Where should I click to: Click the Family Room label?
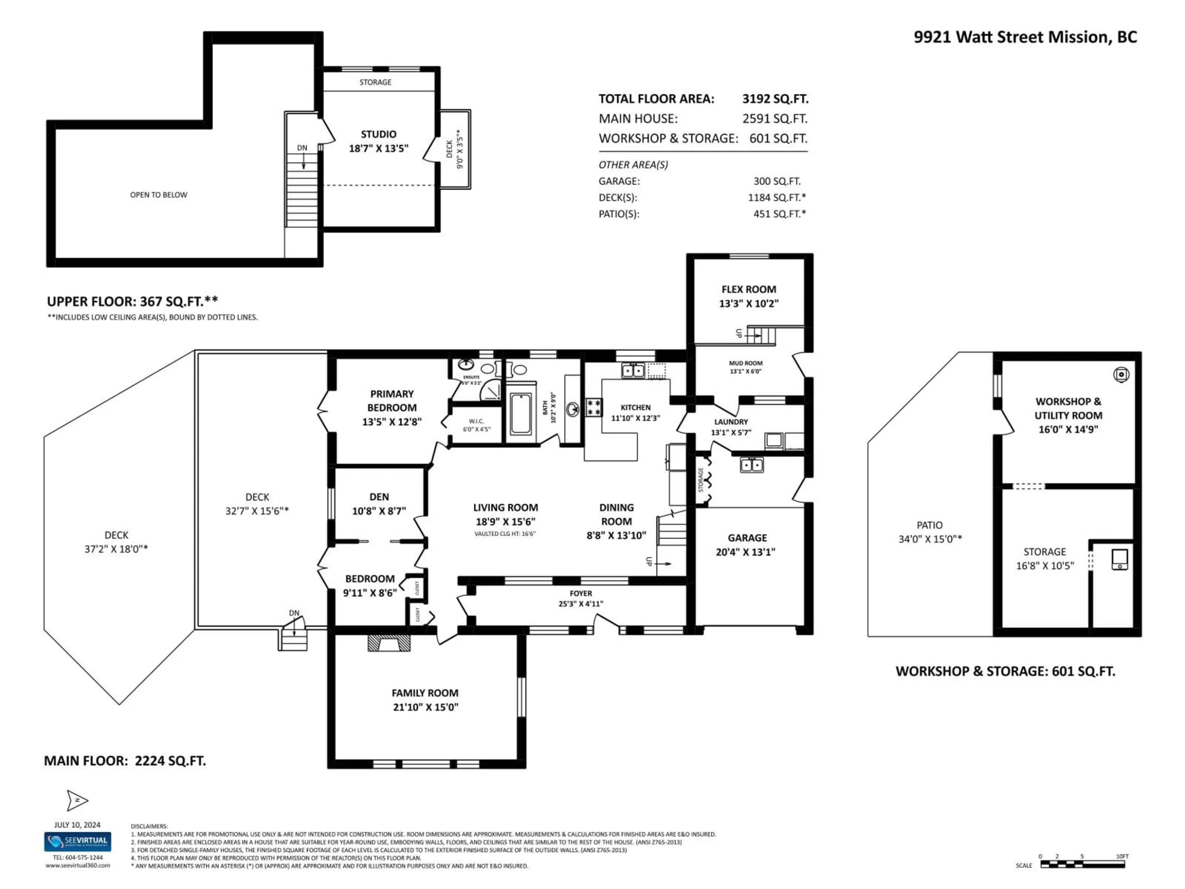coord(425,693)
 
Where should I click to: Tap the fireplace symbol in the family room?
coord(389,643)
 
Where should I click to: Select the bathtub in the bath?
coord(520,414)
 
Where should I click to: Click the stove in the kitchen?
coord(593,407)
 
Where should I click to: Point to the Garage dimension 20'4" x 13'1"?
coord(745,552)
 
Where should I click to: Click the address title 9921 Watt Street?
coord(1025,37)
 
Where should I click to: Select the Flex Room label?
coord(748,289)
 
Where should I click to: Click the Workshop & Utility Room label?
coord(1068,408)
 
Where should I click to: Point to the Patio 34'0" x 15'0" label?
coord(929,532)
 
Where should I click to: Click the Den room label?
coord(379,497)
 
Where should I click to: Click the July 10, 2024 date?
coord(77,825)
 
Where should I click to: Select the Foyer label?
coord(581,593)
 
